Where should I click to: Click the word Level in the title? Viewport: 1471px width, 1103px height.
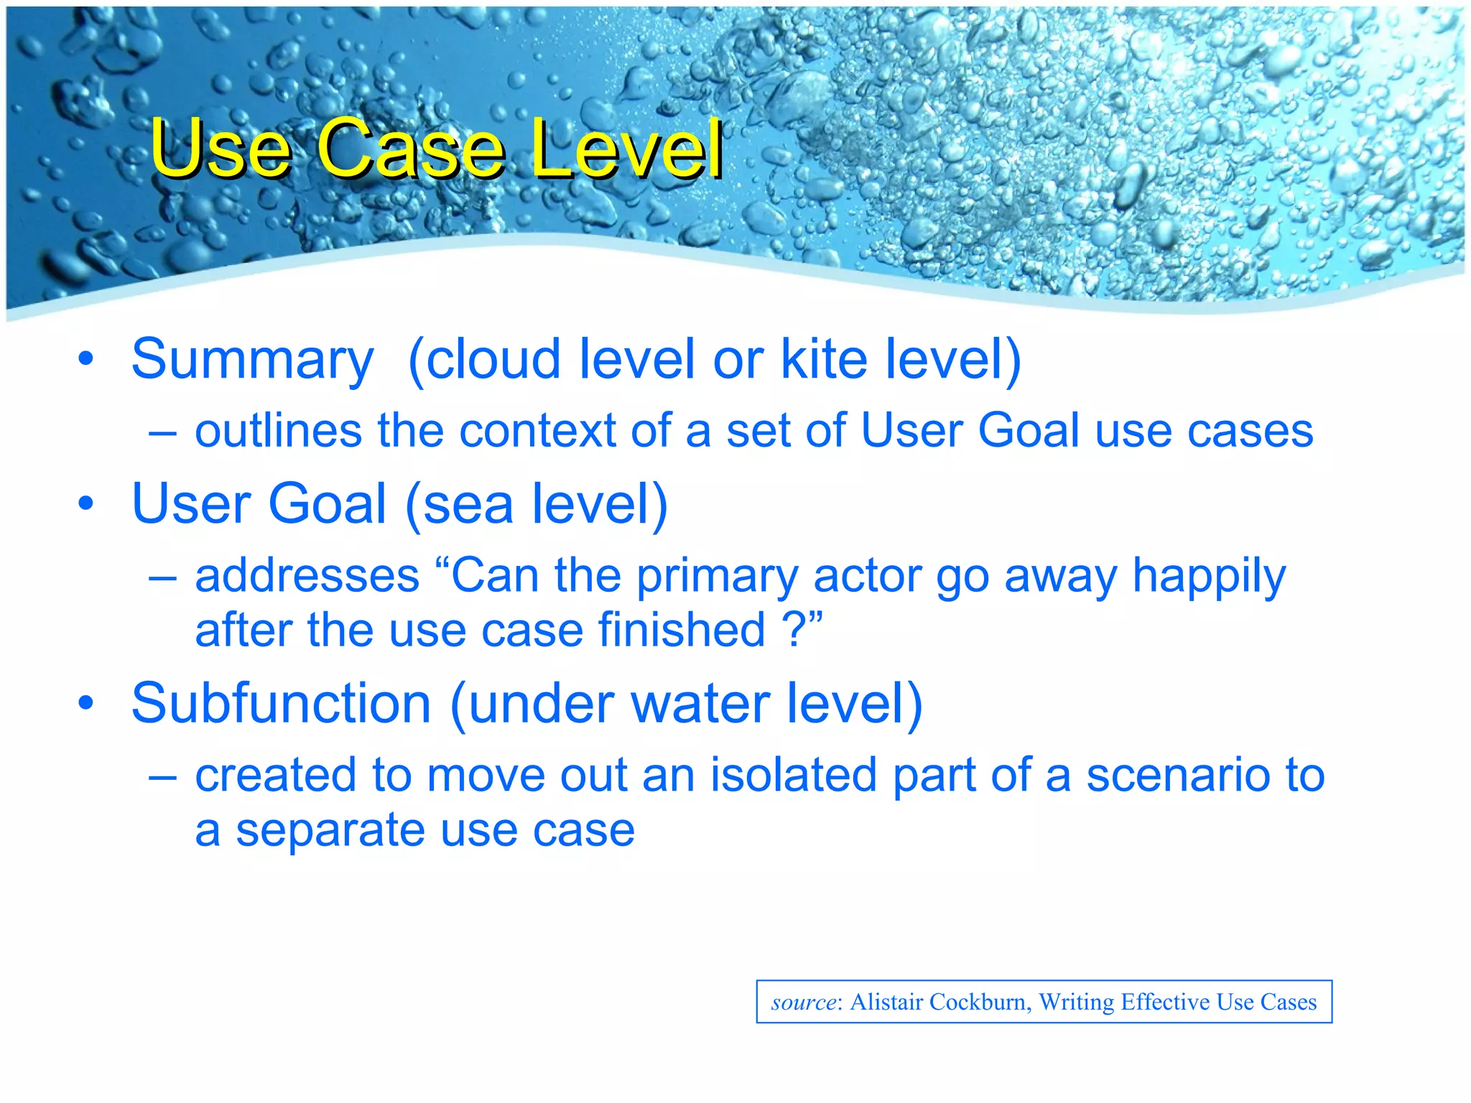626,149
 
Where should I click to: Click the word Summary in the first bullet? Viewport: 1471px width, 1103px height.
252,360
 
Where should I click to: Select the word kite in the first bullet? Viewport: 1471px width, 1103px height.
824,359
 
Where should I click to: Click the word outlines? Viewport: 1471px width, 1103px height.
278,432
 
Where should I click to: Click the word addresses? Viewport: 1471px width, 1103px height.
307,577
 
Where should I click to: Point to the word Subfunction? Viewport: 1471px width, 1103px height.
281,704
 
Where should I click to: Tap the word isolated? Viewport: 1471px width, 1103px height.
794,776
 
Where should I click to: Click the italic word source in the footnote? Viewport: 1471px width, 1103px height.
804,1002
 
